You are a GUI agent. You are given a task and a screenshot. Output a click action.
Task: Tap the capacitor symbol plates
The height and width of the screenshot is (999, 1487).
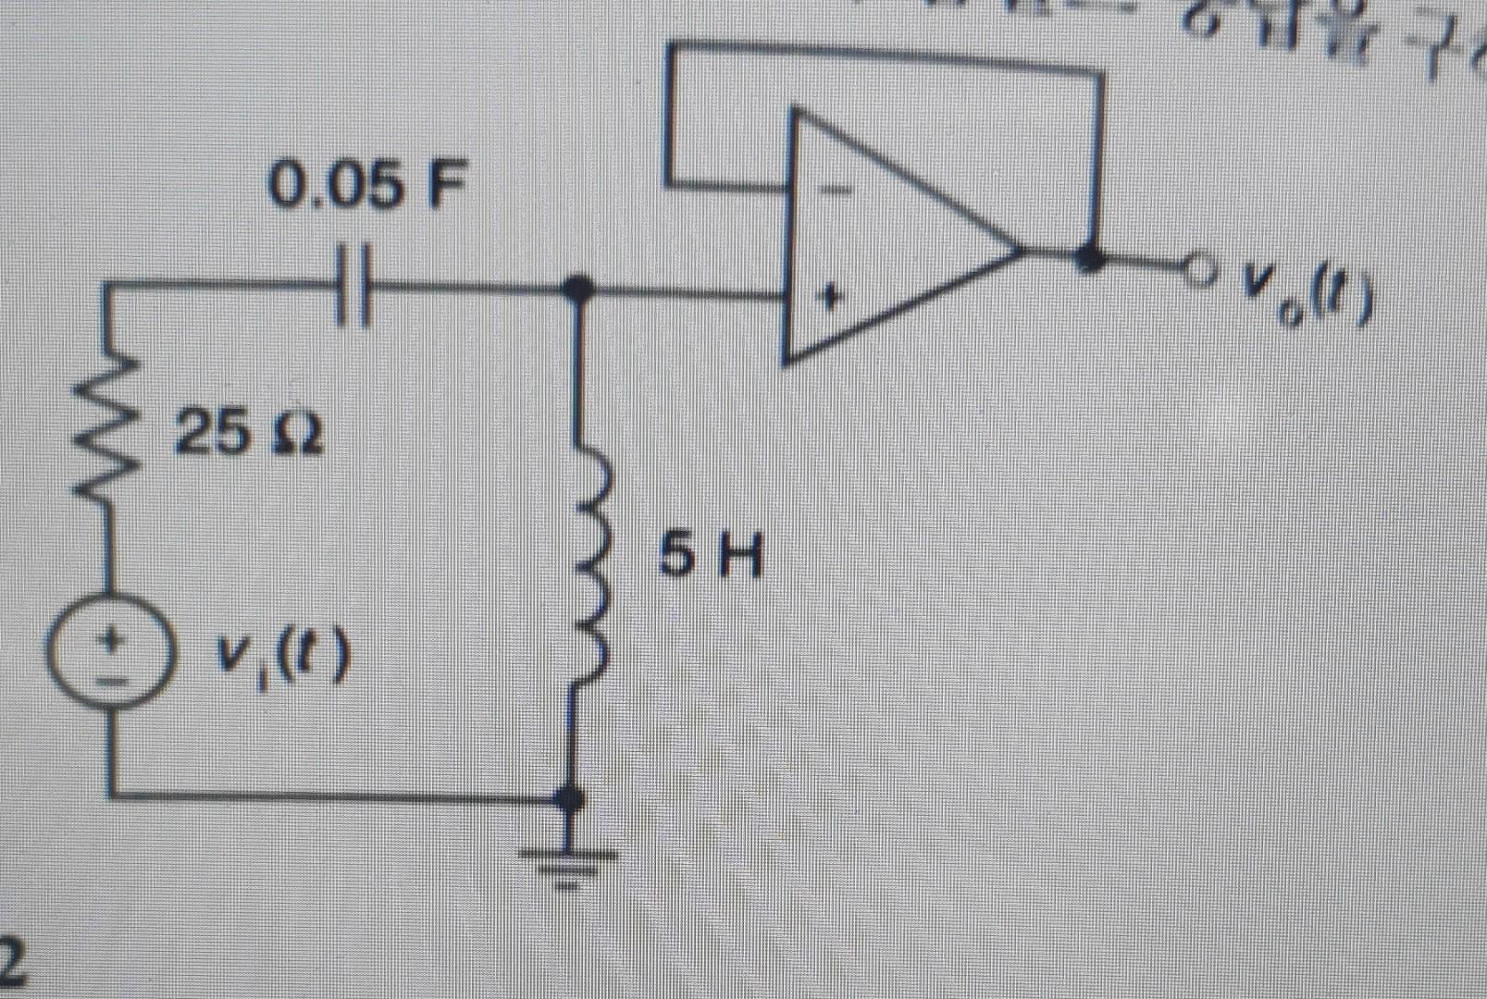tap(353, 284)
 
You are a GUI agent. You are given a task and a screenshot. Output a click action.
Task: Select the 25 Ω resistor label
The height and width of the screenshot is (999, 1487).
tap(249, 432)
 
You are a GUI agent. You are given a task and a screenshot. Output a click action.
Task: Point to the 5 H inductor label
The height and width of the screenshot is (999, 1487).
tap(711, 557)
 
